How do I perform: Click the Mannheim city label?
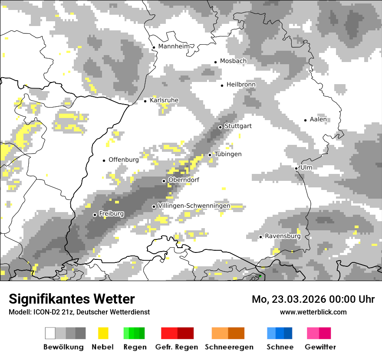pyautogui.click(x=174, y=46)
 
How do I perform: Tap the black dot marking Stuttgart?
pyautogui.click(x=221, y=127)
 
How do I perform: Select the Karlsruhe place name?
pyautogui.click(x=164, y=100)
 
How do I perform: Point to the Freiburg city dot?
pyautogui.click(x=95, y=215)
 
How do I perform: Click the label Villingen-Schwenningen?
pyautogui.click(x=194, y=206)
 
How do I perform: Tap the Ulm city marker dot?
pyautogui.click(x=296, y=168)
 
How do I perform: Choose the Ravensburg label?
pyautogui.click(x=283, y=236)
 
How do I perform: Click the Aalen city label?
pyautogui.click(x=318, y=119)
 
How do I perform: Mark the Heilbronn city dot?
pyautogui.click(x=222, y=85)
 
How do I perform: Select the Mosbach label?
pyautogui.click(x=233, y=61)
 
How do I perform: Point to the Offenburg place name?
pyautogui.click(x=124, y=160)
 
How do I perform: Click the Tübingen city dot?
pyautogui.click(x=210, y=155)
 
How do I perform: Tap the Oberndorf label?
pyautogui.click(x=184, y=180)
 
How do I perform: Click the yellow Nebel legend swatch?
pyautogui.click(x=103, y=333)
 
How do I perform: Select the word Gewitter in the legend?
pyautogui.click(x=320, y=347)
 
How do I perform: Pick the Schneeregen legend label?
pyautogui.click(x=229, y=347)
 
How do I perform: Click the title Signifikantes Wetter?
pyautogui.click(x=72, y=299)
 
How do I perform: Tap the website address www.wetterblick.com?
pyautogui.click(x=313, y=312)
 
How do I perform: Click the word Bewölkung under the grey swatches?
pyautogui.click(x=63, y=347)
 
